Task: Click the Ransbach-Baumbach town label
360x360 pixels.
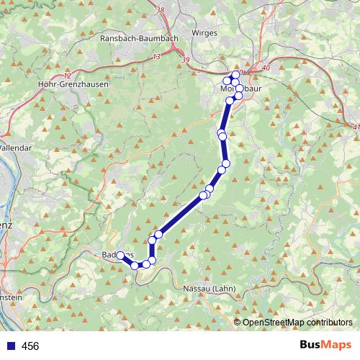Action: (140, 37)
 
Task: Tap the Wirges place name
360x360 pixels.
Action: (204, 33)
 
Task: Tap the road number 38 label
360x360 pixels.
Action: (160, 10)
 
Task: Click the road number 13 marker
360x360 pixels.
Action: (156, 55)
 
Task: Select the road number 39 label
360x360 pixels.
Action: (186, 60)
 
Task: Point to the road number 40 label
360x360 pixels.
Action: (266, 68)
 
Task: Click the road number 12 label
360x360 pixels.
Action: (68, 74)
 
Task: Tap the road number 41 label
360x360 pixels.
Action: (356, 127)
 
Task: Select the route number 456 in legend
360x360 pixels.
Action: (30, 346)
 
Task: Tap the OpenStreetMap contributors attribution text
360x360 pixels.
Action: (297, 322)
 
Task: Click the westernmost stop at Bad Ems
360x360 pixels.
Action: (121, 255)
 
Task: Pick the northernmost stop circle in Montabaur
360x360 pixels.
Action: (235, 75)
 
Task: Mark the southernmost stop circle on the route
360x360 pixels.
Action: (135, 266)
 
